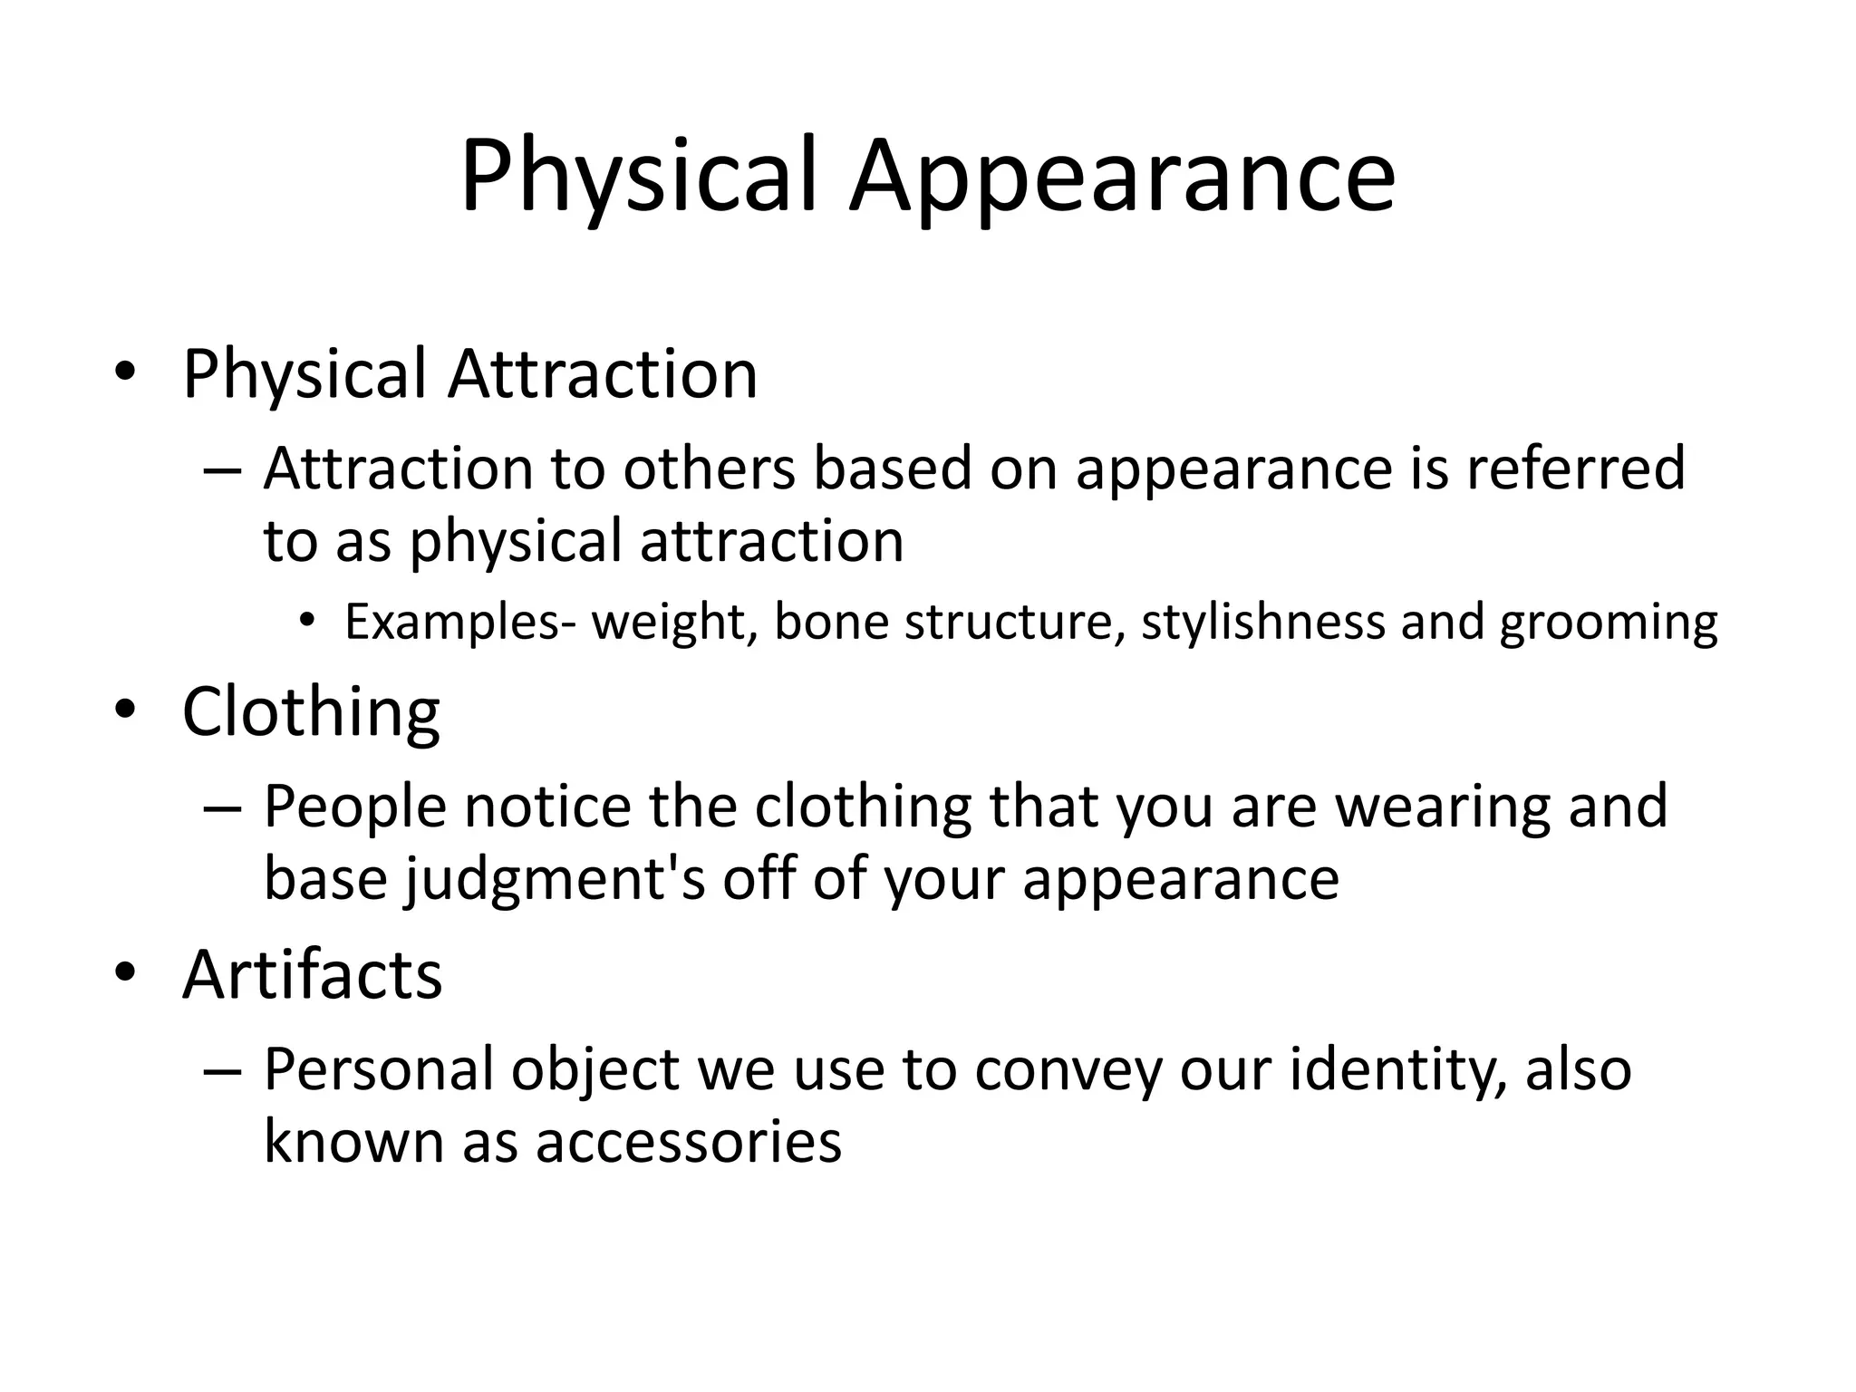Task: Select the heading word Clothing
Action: tap(311, 712)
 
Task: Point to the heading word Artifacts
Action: tap(312, 974)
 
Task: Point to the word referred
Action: tap(1576, 469)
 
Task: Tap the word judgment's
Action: tap(555, 879)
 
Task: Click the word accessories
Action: tap(688, 1141)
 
